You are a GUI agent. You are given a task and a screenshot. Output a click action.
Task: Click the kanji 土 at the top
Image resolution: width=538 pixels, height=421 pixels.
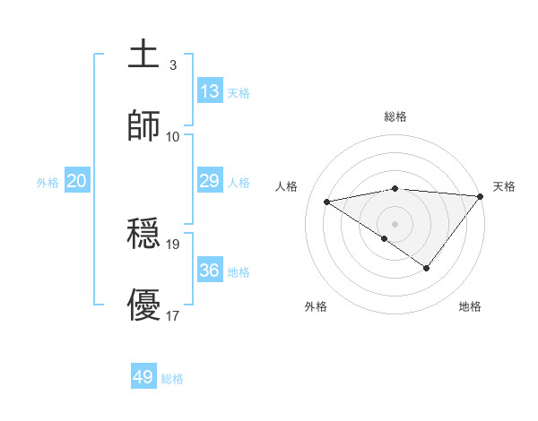144,56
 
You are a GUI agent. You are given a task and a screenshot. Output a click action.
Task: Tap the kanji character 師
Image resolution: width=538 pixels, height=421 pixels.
144,125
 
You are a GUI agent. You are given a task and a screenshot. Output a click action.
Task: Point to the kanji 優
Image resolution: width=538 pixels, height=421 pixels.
144,305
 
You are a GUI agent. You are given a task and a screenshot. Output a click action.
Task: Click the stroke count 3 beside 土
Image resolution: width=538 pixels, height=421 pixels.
173,65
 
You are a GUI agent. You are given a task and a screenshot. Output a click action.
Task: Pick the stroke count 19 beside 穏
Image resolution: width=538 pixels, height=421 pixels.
173,244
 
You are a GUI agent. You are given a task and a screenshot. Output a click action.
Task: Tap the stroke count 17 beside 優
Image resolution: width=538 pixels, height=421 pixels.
173,315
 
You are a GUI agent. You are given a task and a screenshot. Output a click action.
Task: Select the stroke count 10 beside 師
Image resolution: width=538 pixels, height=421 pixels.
173,136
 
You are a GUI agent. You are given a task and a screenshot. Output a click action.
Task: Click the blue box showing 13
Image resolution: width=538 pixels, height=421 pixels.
210,90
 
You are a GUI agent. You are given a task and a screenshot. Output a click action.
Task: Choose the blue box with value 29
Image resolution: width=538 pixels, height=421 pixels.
210,181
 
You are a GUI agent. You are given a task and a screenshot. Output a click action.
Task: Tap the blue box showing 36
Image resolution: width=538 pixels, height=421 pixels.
210,270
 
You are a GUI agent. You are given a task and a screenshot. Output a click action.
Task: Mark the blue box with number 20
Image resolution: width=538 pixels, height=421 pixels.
77,181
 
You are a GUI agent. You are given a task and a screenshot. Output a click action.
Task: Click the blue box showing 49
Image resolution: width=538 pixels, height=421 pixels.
143,377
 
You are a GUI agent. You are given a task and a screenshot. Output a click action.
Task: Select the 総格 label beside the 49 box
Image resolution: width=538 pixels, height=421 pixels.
173,379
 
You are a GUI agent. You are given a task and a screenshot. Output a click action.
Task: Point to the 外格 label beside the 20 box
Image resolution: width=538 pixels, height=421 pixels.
48,183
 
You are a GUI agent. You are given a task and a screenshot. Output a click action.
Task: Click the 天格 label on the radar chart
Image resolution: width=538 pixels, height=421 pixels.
504,186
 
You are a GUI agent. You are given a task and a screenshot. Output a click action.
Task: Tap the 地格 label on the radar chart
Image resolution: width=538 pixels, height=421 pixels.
470,306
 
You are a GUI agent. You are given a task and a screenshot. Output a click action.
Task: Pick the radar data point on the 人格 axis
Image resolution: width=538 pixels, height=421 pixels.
327,201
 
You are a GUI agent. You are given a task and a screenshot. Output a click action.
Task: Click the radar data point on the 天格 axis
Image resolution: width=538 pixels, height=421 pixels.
480,195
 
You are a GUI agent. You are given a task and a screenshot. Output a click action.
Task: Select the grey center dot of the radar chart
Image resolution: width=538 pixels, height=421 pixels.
395,222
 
